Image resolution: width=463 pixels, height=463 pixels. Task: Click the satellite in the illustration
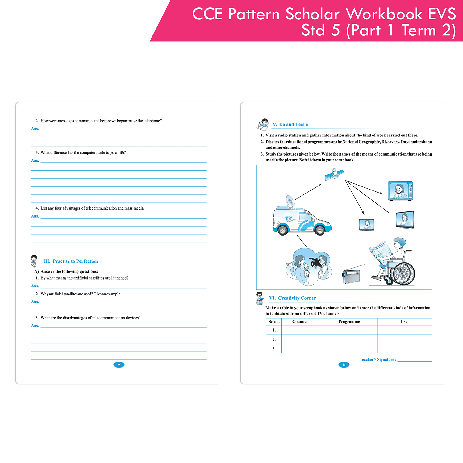pos(334,174)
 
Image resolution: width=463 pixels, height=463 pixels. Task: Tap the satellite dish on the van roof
pos(290,202)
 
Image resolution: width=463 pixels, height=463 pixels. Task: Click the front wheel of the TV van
pos(320,230)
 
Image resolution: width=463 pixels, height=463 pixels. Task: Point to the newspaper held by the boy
pos(381,251)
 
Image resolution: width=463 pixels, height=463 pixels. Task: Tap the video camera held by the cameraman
pos(316,262)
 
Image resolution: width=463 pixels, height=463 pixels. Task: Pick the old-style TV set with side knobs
pos(400,191)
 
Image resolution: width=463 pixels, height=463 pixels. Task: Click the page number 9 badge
pos(119,365)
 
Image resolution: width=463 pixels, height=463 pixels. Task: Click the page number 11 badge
pos(344,365)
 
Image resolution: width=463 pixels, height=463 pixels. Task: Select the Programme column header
pos(349,322)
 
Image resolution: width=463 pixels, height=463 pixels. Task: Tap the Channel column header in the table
pos(300,322)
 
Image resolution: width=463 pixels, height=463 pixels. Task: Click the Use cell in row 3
pos(404,349)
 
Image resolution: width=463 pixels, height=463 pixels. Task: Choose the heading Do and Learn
pos(294,124)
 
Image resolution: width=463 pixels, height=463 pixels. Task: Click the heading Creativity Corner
pos(297,298)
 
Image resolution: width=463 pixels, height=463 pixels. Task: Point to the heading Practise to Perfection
pos(75,261)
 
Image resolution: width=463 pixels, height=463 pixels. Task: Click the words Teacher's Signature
pos(377,359)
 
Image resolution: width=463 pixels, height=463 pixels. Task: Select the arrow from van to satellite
pos(308,192)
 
